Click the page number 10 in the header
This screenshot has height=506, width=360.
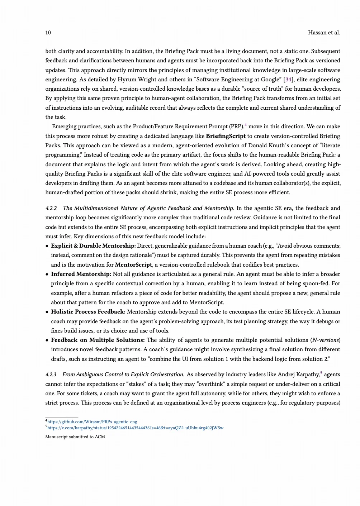pos(48,33)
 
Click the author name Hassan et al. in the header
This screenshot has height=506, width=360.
pos(324,33)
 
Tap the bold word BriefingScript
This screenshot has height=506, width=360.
pos(226,136)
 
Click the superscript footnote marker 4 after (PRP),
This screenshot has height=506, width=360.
pos(246,125)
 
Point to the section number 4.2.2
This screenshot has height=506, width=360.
pos(51,208)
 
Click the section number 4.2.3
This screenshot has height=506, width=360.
pos(51,374)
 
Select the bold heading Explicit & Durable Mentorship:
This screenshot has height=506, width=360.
pos(93,246)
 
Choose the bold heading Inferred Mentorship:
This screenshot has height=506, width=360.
pos(81,274)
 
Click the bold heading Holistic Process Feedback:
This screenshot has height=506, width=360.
pos(88,312)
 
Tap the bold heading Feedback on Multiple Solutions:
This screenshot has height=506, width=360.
pos(98,340)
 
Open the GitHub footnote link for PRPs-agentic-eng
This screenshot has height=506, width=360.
pos(92,422)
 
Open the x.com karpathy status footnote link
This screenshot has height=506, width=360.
pos(135,428)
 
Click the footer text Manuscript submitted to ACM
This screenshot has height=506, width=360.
pos(75,437)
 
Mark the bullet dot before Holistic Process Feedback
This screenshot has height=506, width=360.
pos(47,312)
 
